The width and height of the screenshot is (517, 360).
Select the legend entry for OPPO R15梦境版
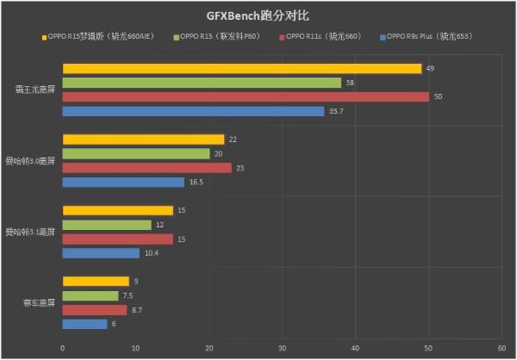(96, 37)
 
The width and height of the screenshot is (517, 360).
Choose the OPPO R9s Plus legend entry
(428, 37)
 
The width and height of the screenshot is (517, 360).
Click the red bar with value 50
(246, 96)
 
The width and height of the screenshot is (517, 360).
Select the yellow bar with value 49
(241, 68)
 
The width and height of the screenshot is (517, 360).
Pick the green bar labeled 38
(202, 83)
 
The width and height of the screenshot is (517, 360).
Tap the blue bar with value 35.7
(193, 111)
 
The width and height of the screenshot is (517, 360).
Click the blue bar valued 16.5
(123, 182)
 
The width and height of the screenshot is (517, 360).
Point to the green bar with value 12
(107, 225)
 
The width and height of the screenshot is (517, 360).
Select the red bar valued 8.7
(95, 309)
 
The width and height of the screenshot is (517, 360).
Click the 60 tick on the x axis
(501, 348)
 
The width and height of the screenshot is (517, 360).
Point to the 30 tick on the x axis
(282, 348)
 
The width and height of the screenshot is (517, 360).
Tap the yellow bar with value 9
(96, 281)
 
